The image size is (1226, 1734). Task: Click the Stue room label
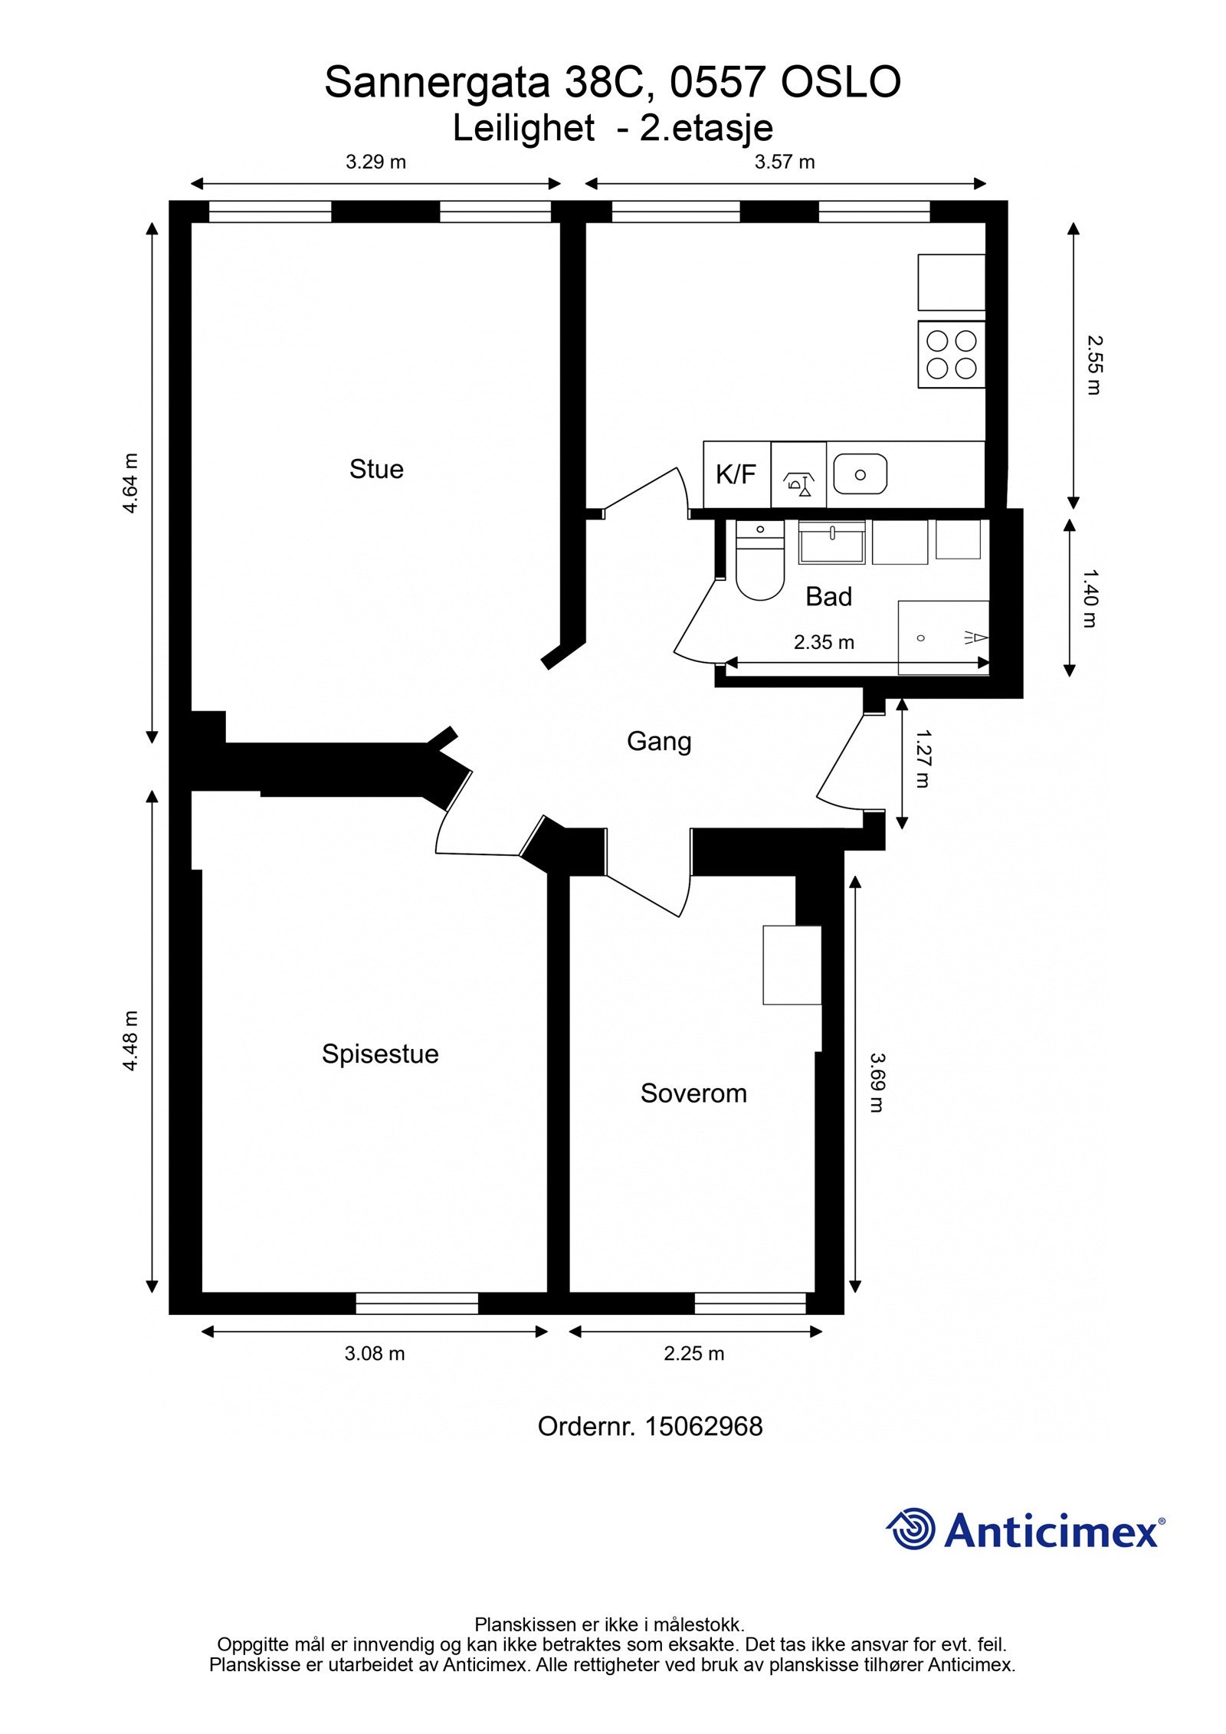click(x=376, y=469)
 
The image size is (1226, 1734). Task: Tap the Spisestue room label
click(x=380, y=1054)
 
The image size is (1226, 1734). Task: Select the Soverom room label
click(x=693, y=1093)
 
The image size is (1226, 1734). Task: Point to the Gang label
click(x=659, y=741)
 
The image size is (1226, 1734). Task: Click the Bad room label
click(x=828, y=596)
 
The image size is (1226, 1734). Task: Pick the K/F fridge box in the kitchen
click(x=736, y=474)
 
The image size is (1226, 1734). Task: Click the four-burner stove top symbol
click(x=952, y=354)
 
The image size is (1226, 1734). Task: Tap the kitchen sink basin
click(x=860, y=474)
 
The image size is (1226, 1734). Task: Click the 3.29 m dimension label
click(x=375, y=162)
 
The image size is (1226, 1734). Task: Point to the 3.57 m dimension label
click(x=785, y=162)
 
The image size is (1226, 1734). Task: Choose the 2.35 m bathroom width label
click(x=824, y=642)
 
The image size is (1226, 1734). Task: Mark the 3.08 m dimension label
click(x=375, y=1353)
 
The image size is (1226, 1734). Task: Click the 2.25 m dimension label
click(x=693, y=1353)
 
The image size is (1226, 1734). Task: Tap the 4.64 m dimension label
click(x=131, y=483)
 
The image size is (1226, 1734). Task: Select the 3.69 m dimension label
click(x=877, y=1083)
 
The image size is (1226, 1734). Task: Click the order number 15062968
click(x=703, y=1426)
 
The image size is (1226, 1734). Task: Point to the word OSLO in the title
click(x=841, y=82)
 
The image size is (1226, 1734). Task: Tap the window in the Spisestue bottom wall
click(x=417, y=1303)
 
